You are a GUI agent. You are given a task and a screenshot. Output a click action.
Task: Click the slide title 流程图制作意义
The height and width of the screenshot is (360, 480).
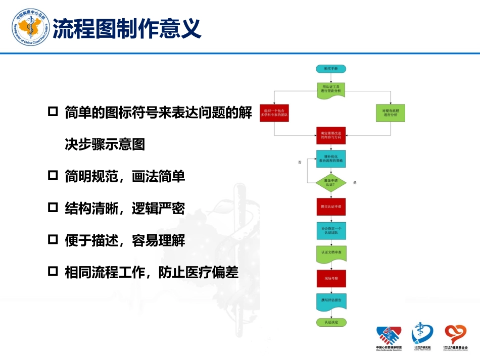coord(127,28)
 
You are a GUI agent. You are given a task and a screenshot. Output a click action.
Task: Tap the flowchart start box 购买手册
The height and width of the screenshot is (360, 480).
coord(331,68)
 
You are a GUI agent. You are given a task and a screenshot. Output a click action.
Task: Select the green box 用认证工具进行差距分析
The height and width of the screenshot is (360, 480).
coord(331,90)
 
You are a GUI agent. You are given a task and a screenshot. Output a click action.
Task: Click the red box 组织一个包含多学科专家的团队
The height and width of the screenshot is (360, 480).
coord(274,113)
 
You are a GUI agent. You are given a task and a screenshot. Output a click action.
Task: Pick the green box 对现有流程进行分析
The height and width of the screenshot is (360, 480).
coord(391,113)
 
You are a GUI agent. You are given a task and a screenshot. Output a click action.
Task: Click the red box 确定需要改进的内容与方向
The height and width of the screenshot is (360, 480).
coord(331,135)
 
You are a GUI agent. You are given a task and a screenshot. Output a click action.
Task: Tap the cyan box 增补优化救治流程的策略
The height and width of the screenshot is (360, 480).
coord(331,159)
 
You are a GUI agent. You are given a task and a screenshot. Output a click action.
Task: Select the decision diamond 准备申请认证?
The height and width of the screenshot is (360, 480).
coord(331,182)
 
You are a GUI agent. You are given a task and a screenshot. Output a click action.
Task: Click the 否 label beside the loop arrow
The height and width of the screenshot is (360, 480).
coord(300,163)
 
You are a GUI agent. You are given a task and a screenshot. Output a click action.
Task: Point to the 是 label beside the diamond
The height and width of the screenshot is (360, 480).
coord(355,182)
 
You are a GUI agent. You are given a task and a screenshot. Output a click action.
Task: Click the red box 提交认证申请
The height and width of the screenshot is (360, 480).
coord(331,207)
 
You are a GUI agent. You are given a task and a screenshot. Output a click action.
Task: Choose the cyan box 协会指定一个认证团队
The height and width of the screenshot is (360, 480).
coord(331,231)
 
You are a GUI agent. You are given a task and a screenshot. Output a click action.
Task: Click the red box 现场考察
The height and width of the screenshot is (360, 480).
coord(331,278)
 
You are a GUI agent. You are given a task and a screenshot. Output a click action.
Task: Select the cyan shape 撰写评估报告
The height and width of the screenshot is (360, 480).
coord(331,301)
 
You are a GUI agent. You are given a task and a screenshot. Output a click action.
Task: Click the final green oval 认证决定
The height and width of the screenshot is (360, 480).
coord(331,322)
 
